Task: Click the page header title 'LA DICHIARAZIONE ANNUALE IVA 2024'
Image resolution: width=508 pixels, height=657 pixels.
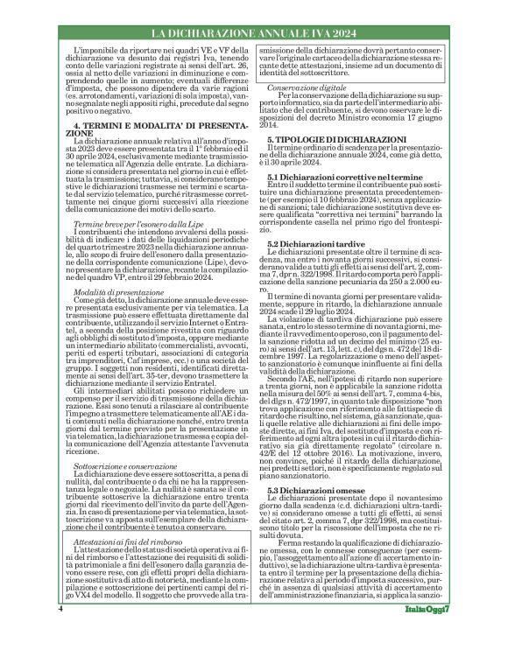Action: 253,33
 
